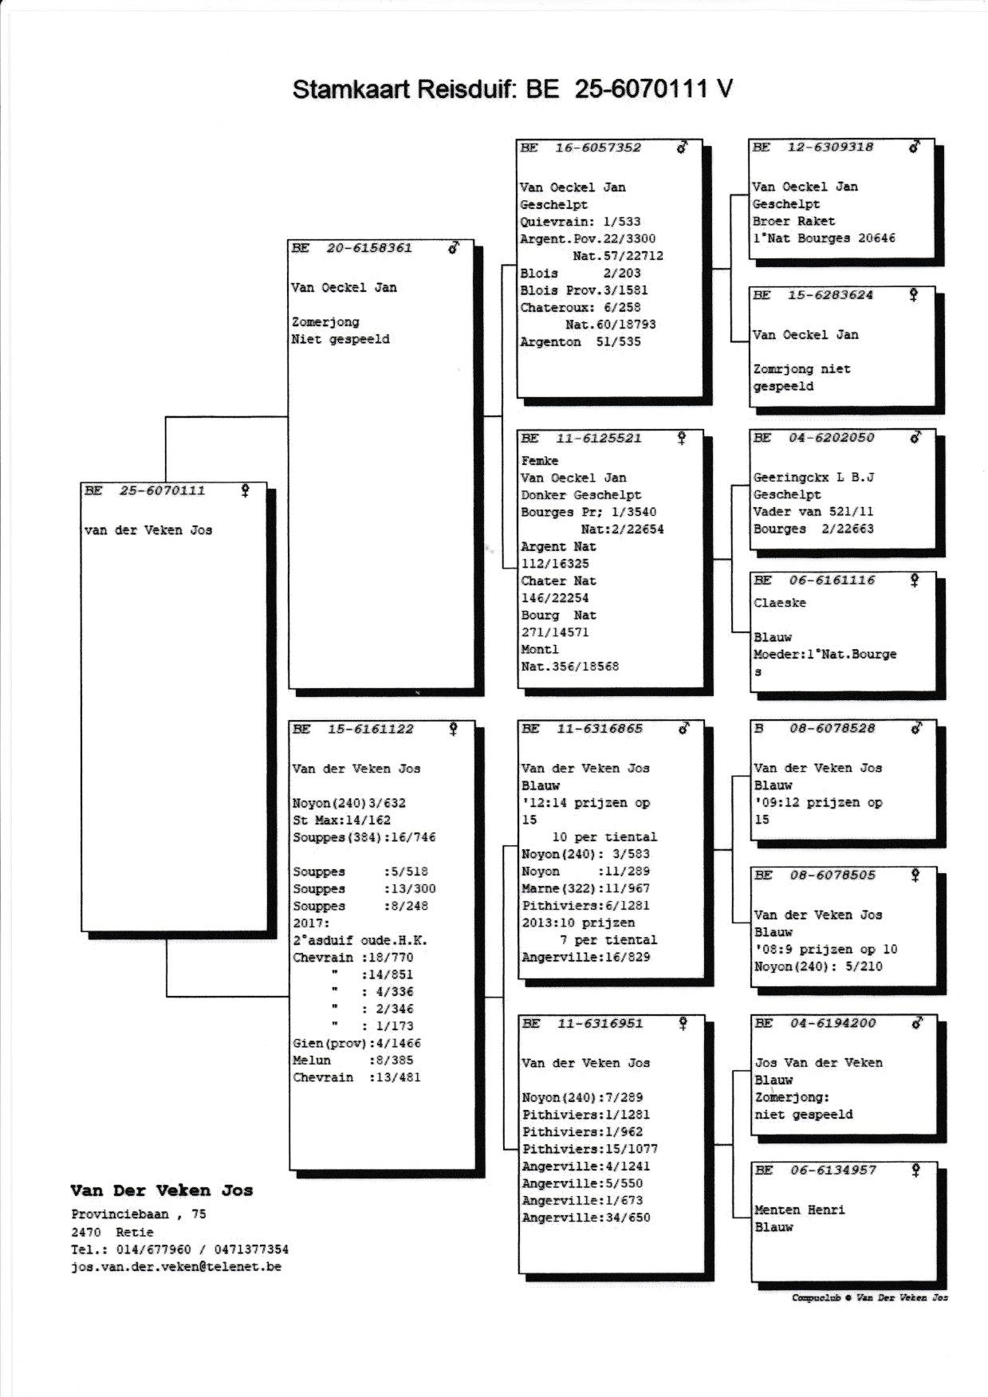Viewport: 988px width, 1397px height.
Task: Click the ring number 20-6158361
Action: pyautogui.click(x=369, y=248)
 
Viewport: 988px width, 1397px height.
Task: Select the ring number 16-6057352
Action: pyautogui.click(x=597, y=148)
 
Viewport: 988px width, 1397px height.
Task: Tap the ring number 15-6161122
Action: pyautogui.click(x=370, y=729)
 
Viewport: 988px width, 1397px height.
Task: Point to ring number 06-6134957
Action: pyautogui.click(x=833, y=1170)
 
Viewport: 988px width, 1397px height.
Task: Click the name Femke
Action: pyautogui.click(x=540, y=461)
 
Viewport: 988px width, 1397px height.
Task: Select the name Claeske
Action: pyautogui.click(x=780, y=603)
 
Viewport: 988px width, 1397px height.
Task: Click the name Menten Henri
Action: pyautogui.click(x=800, y=1210)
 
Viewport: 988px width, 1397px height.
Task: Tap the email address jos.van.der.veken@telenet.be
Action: pyautogui.click(x=176, y=1266)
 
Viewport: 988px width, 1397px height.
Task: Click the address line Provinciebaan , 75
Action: pyautogui.click(x=139, y=1214)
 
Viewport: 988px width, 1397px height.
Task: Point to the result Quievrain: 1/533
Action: pyautogui.click(x=580, y=222)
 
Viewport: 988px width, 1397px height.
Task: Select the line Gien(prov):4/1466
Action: pyautogui.click(x=356, y=1043)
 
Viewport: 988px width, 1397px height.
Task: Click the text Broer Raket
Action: pyautogui.click(x=793, y=221)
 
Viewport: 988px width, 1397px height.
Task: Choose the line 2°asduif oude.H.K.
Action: pyautogui.click(x=360, y=940)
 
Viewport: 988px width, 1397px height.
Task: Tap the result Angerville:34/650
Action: pyautogui.click(x=586, y=1218)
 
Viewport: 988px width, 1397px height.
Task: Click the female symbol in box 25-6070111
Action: pyautogui.click(x=245, y=490)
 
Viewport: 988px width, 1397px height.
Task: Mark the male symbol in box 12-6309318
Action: pyautogui.click(x=915, y=147)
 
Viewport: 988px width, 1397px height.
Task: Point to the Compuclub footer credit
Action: pyautogui.click(x=869, y=1297)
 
